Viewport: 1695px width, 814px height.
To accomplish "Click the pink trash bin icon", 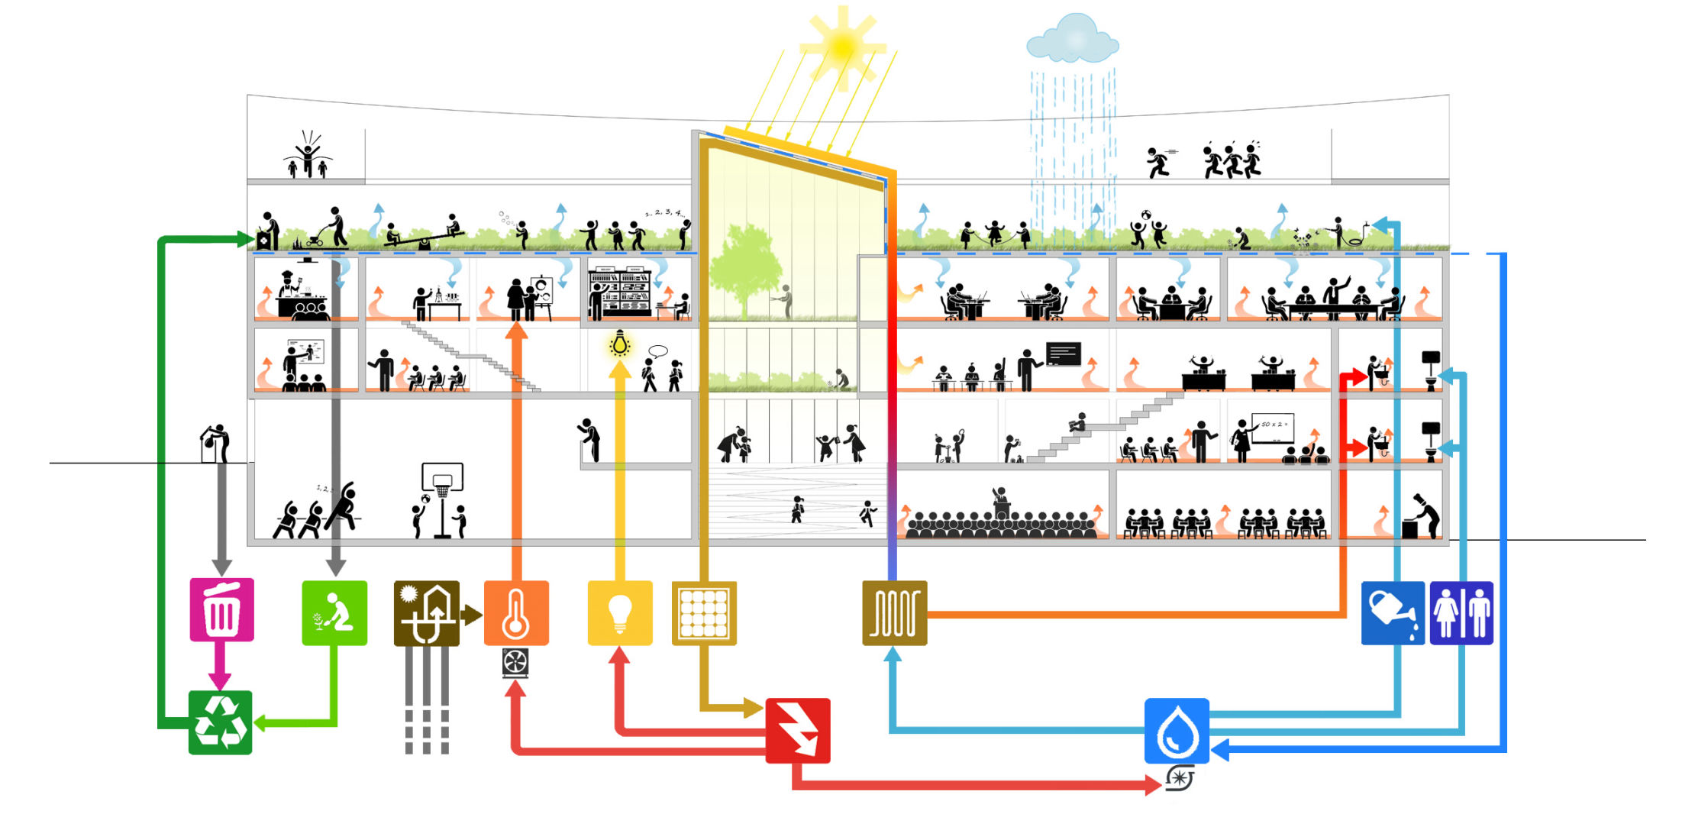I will pos(221,610).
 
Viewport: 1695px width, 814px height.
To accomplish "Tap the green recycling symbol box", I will pos(220,722).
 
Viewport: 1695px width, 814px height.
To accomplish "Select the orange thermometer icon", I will pos(516,613).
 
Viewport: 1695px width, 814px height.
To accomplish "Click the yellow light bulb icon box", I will pos(620,613).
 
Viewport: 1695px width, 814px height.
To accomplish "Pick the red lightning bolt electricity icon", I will pos(798,730).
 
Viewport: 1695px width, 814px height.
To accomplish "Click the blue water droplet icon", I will pos(1177,731).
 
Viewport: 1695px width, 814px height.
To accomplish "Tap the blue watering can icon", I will pos(1393,613).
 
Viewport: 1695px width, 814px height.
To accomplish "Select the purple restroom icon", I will pos(1461,613).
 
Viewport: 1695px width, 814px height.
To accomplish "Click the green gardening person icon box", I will pos(334,613).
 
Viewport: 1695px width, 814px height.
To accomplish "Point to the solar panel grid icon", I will pos(704,613).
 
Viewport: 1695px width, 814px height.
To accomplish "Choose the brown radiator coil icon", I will pos(894,613).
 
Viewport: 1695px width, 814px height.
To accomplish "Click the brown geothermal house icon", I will pos(426,613).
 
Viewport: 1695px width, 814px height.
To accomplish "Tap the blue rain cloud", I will pos(1072,38).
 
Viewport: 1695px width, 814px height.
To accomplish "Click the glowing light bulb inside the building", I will pos(620,344).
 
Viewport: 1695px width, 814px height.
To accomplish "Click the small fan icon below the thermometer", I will pos(515,663).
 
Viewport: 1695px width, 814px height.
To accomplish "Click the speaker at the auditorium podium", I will pos(999,496).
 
